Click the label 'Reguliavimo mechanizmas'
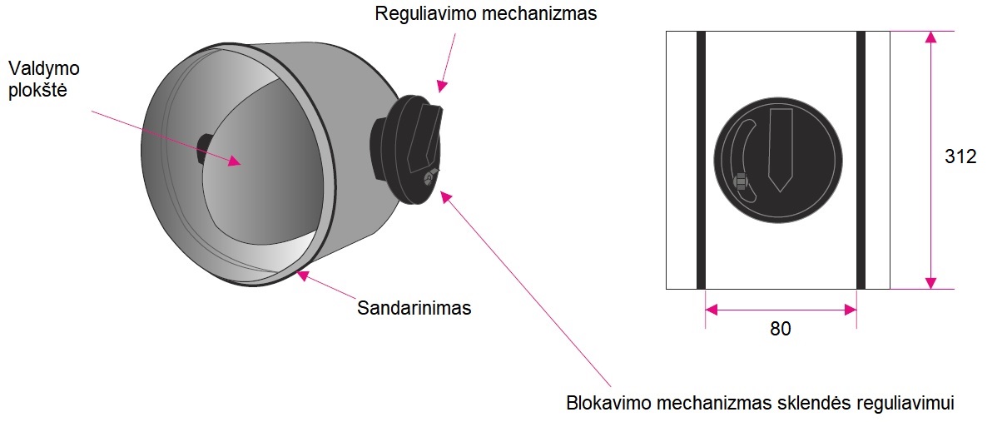coord(486,14)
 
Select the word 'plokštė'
coord(38,90)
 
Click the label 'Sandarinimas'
coord(414,308)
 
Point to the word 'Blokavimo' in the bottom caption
coord(603,403)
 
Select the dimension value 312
coord(960,157)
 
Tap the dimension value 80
coord(780,329)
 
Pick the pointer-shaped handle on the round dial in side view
coord(781,148)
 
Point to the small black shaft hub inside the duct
coord(202,148)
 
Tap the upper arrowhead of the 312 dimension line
coord(930,37)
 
